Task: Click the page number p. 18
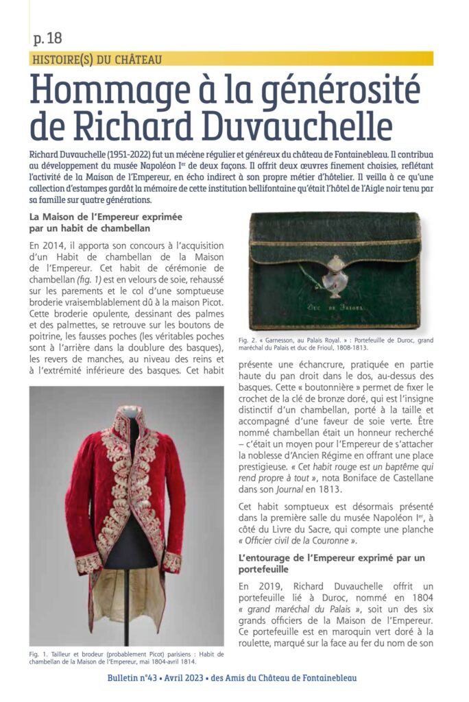click(47, 38)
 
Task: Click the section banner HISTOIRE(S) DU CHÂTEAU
click(97, 60)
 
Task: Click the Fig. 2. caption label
click(248, 339)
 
